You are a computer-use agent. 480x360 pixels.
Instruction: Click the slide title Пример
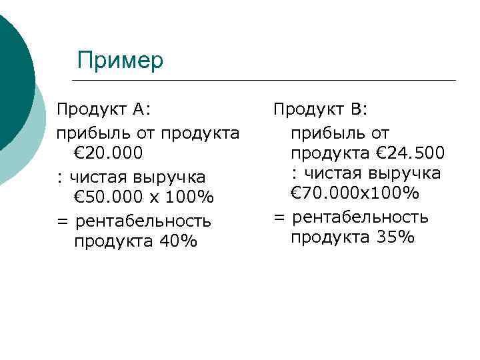[x=120, y=61]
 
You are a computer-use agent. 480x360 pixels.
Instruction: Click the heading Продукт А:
[x=104, y=109]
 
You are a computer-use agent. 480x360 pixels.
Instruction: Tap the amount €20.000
[x=108, y=153]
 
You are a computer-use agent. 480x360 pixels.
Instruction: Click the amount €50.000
[x=108, y=198]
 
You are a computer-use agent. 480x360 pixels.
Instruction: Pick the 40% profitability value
[x=178, y=241]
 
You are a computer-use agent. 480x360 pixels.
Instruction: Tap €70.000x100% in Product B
[x=355, y=194]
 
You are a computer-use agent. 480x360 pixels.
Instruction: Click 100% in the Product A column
[x=190, y=198]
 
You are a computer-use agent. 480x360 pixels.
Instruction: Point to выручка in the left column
[x=168, y=177]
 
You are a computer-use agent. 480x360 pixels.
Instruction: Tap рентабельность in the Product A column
[x=143, y=220]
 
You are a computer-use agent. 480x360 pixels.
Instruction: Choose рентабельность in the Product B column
[x=360, y=217]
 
